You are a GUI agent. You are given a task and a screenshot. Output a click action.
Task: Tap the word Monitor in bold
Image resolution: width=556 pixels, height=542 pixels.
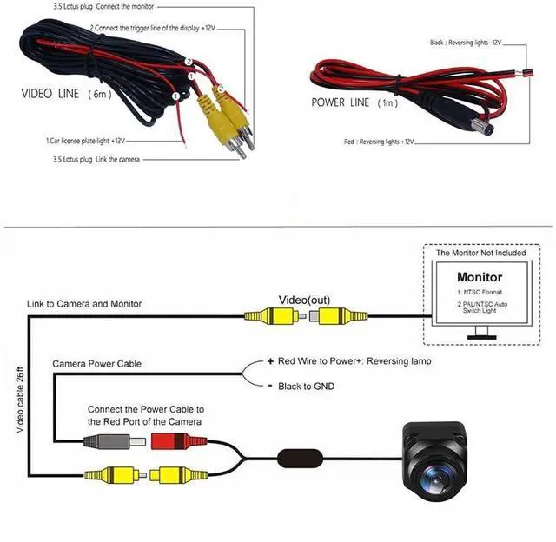[480, 277]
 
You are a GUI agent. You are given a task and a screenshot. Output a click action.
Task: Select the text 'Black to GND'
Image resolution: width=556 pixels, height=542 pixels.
[306, 386]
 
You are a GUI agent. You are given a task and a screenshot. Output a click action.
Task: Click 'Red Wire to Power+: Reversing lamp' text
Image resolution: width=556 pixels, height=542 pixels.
[349, 360]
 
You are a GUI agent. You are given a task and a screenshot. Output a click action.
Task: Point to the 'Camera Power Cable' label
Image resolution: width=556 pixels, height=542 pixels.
[96, 363]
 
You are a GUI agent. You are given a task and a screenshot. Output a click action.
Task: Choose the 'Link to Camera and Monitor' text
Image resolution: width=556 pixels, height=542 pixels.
[84, 304]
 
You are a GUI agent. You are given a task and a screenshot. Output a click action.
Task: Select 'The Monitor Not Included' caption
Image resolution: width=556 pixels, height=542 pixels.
[480, 254]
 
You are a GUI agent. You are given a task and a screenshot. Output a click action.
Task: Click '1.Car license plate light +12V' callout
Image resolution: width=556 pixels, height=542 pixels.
[86, 140]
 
